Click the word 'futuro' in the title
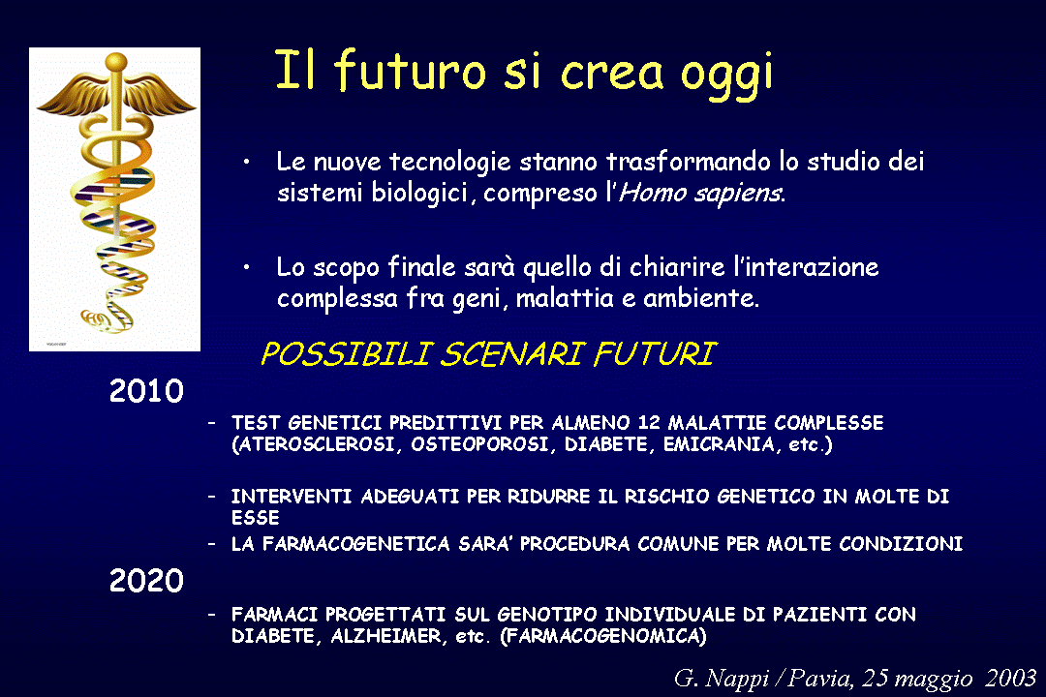pyautogui.click(x=410, y=70)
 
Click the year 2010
pyautogui.click(x=146, y=391)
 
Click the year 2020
pyautogui.click(x=146, y=580)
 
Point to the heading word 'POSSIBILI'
pyautogui.click(x=346, y=353)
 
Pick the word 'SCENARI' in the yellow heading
pyautogui.click(x=511, y=353)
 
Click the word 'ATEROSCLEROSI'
pyautogui.click(x=316, y=445)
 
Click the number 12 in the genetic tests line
pyautogui.click(x=648, y=423)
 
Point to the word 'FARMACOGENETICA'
pyautogui.click(x=356, y=544)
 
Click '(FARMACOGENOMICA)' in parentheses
pyautogui.click(x=603, y=636)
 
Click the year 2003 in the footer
pyautogui.click(x=1010, y=678)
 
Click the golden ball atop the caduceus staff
pyautogui.click(x=116, y=62)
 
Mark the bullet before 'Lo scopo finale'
pyautogui.click(x=246, y=267)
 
